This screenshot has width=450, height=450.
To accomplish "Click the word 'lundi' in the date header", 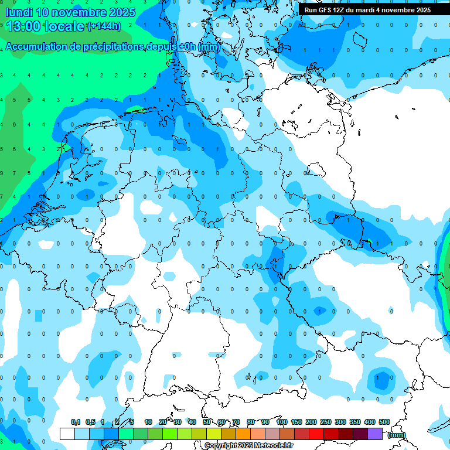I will pos(18,12).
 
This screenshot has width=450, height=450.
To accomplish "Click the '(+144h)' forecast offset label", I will pos(104,26).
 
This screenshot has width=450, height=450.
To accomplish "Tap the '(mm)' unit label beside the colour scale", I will pos(397,435).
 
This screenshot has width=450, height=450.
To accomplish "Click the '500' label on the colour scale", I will pos(384,422).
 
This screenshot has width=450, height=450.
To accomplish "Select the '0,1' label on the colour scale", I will pos(76,422).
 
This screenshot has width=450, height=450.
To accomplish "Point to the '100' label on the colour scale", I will pos(282,422).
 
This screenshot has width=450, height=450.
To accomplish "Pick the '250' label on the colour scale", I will pos(326,422).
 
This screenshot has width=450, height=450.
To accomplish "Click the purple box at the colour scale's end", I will pos(375,434).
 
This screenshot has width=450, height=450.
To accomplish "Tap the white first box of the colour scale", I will pos(67,434).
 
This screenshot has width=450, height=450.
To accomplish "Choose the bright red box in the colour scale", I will pos(316,434).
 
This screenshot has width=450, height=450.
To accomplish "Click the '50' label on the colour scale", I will pos(207,422).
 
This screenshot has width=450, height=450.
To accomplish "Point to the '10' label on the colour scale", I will pos(148,422).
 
